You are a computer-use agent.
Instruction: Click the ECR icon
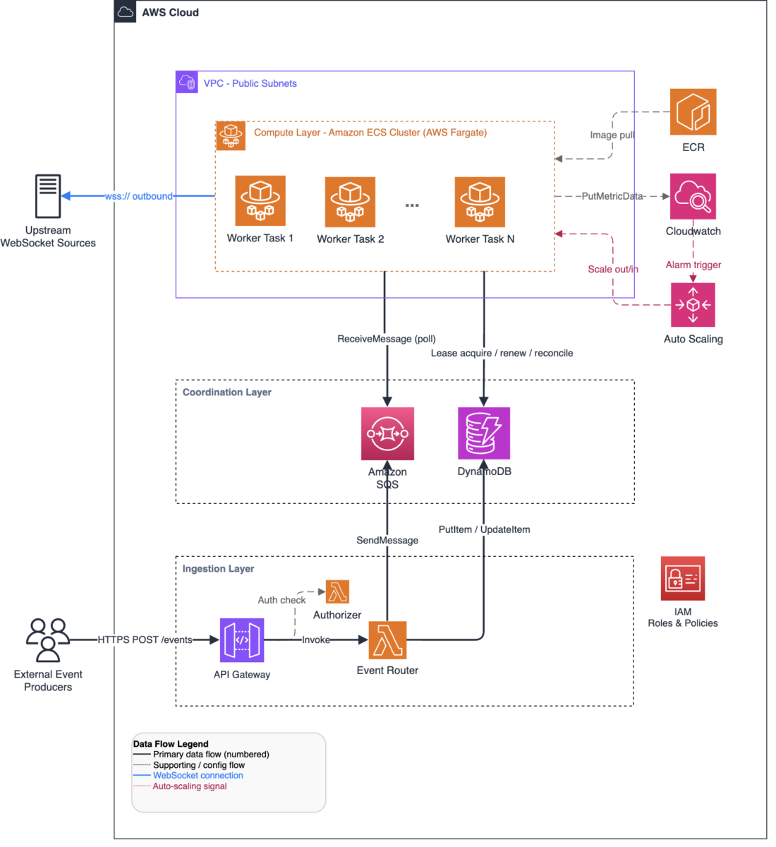(x=693, y=112)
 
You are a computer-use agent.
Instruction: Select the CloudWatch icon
(x=693, y=196)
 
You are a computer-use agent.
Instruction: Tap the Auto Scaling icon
(x=693, y=305)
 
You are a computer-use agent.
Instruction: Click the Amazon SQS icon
(x=387, y=433)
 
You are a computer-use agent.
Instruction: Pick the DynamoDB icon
(x=484, y=433)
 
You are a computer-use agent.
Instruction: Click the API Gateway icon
(x=242, y=640)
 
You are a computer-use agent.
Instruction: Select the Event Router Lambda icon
(x=387, y=640)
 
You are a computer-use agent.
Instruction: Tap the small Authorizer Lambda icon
(x=337, y=591)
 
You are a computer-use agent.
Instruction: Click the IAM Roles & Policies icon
(x=683, y=579)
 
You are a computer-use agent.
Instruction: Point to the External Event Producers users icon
(x=48, y=640)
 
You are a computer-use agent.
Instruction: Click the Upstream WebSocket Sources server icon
(x=48, y=196)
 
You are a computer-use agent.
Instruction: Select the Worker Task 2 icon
(x=350, y=203)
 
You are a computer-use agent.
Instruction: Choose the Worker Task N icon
(x=480, y=203)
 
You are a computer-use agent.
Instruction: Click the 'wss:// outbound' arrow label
(x=138, y=196)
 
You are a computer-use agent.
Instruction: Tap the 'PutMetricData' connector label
(x=612, y=196)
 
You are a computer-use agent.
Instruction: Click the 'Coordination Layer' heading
(x=226, y=392)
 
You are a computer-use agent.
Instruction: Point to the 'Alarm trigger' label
(x=693, y=265)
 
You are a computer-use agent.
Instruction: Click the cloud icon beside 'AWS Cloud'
(x=125, y=12)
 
